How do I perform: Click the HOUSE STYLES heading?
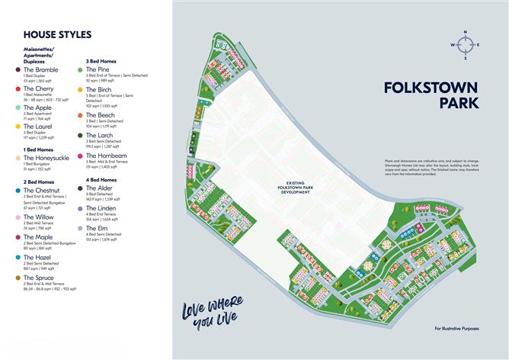click(57, 34)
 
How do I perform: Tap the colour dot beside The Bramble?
click(18, 70)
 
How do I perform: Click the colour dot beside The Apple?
click(18, 108)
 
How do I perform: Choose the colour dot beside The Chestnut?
click(18, 189)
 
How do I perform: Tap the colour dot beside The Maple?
click(18, 238)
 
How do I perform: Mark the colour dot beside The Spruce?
click(18, 278)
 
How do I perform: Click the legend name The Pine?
click(98, 69)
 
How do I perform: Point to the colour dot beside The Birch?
click(79, 89)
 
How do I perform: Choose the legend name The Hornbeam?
click(106, 156)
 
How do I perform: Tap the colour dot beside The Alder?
click(79, 188)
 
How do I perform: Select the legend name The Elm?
click(97, 228)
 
